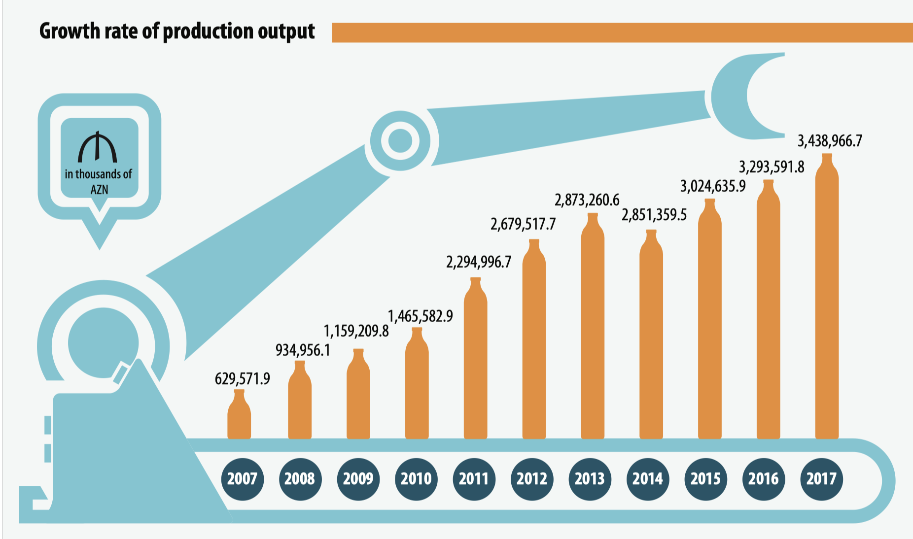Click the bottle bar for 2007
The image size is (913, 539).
pyautogui.click(x=239, y=416)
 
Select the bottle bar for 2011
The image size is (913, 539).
pyautogui.click(x=476, y=360)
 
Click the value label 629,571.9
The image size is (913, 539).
pyautogui.click(x=242, y=378)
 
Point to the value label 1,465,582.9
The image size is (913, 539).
pyautogui.click(x=420, y=316)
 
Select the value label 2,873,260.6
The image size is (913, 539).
pyautogui.click(x=587, y=200)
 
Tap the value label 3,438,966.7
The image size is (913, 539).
pyautogui.click(x=830, y=141)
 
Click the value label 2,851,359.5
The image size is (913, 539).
pyautogui.click(x=654, y=215)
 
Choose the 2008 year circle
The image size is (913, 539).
pyautogui.click(x=300, y=478)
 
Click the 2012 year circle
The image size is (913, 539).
pyautogui.click(x=532, y=478)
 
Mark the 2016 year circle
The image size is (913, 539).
pyautogui.click(x=763, y=478)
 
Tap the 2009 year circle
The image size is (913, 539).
pyautogui.click(x=358, y=478)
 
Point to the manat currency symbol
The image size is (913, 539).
pyautogui.click(x=98, y=147)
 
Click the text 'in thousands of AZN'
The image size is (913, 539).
pyautogui.click(x=99, y=181)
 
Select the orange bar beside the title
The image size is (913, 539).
pyautogui.click(x=621, y=33)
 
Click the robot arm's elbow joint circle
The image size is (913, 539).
pyautogui.click(x=400, y=141)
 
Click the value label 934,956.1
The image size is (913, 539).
pyautogui.click(x=302, y=350)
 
